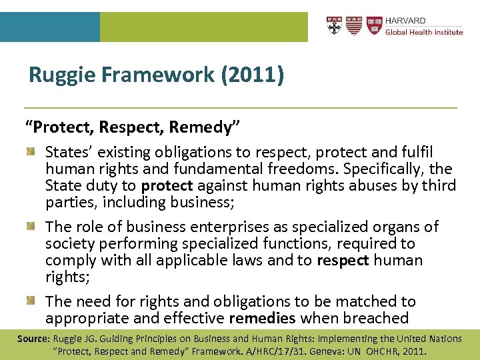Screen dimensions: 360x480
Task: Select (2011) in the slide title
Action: point(255,75)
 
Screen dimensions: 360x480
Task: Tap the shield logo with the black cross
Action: point(335,26)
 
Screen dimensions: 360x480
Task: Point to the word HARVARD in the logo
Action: point(405,21)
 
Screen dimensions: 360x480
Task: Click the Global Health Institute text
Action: point(423,32)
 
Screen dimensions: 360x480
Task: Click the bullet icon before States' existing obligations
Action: point(31,153)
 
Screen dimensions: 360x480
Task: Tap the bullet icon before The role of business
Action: point(31,227)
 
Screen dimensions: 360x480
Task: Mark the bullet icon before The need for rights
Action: point(31,302)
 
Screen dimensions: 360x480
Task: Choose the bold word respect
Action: point(344,260)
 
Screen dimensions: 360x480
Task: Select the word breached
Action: point(376,319)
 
